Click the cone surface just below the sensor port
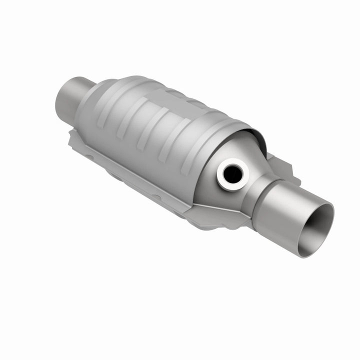point(220,197)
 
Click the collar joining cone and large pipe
point(262,187)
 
